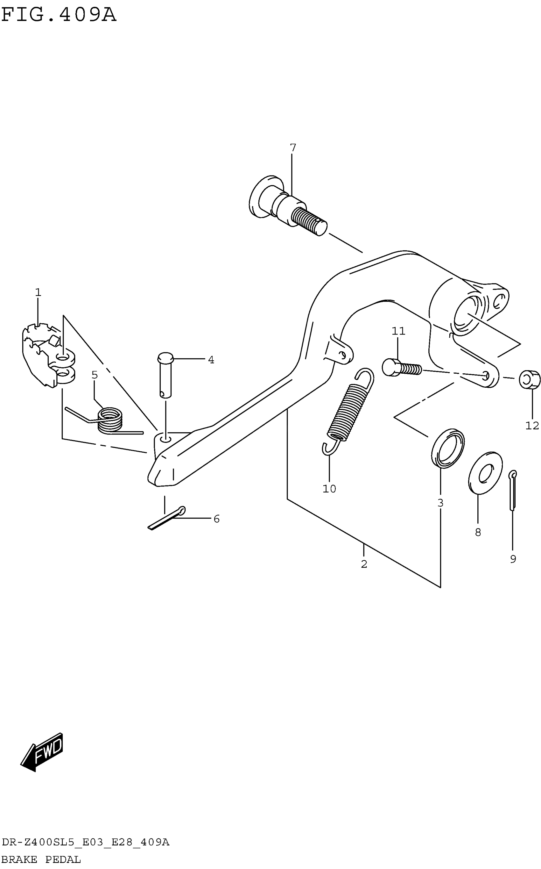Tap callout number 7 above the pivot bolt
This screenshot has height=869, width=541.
[293, 147]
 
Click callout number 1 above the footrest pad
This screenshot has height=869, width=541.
[38, 292]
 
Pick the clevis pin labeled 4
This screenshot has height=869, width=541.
[165, 376]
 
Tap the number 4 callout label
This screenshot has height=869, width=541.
[211, 360]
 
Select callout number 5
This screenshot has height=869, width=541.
[95, 375]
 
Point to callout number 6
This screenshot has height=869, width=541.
[216, 519]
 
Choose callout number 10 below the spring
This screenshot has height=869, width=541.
[329, 489]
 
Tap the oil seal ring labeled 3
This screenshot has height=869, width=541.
[448, 448]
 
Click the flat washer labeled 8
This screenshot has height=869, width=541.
[485, 473]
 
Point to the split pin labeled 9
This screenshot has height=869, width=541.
[513, 490]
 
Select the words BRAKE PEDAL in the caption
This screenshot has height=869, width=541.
[41, 859]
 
